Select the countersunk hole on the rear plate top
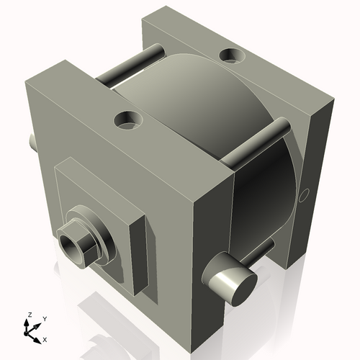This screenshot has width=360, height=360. click(x=233, y=55)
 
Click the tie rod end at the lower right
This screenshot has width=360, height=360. click(x=232, y=282)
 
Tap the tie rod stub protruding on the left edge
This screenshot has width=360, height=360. click(x=32, y=141)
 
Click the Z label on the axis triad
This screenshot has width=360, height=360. click(x=28, y=315)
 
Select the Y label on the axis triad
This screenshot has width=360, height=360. click(x=45, y=318)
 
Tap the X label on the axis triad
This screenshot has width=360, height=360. click(x=45, y=338)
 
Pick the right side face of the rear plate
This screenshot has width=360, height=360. click(x=317, y=180)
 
